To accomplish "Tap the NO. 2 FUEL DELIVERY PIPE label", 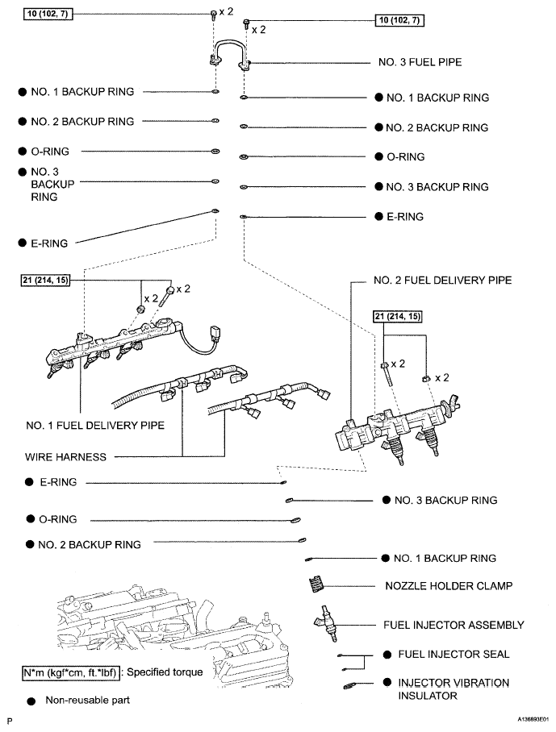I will tap(442, 281).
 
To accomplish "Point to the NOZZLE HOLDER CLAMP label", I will tap(436, 585).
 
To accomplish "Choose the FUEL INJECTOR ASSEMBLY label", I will tap(454, 625).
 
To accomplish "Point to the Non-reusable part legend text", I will tap(87, 701).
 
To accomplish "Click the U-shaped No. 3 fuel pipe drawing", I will tap(232, 51).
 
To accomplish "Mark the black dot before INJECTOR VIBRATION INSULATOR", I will tap(388, 683).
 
